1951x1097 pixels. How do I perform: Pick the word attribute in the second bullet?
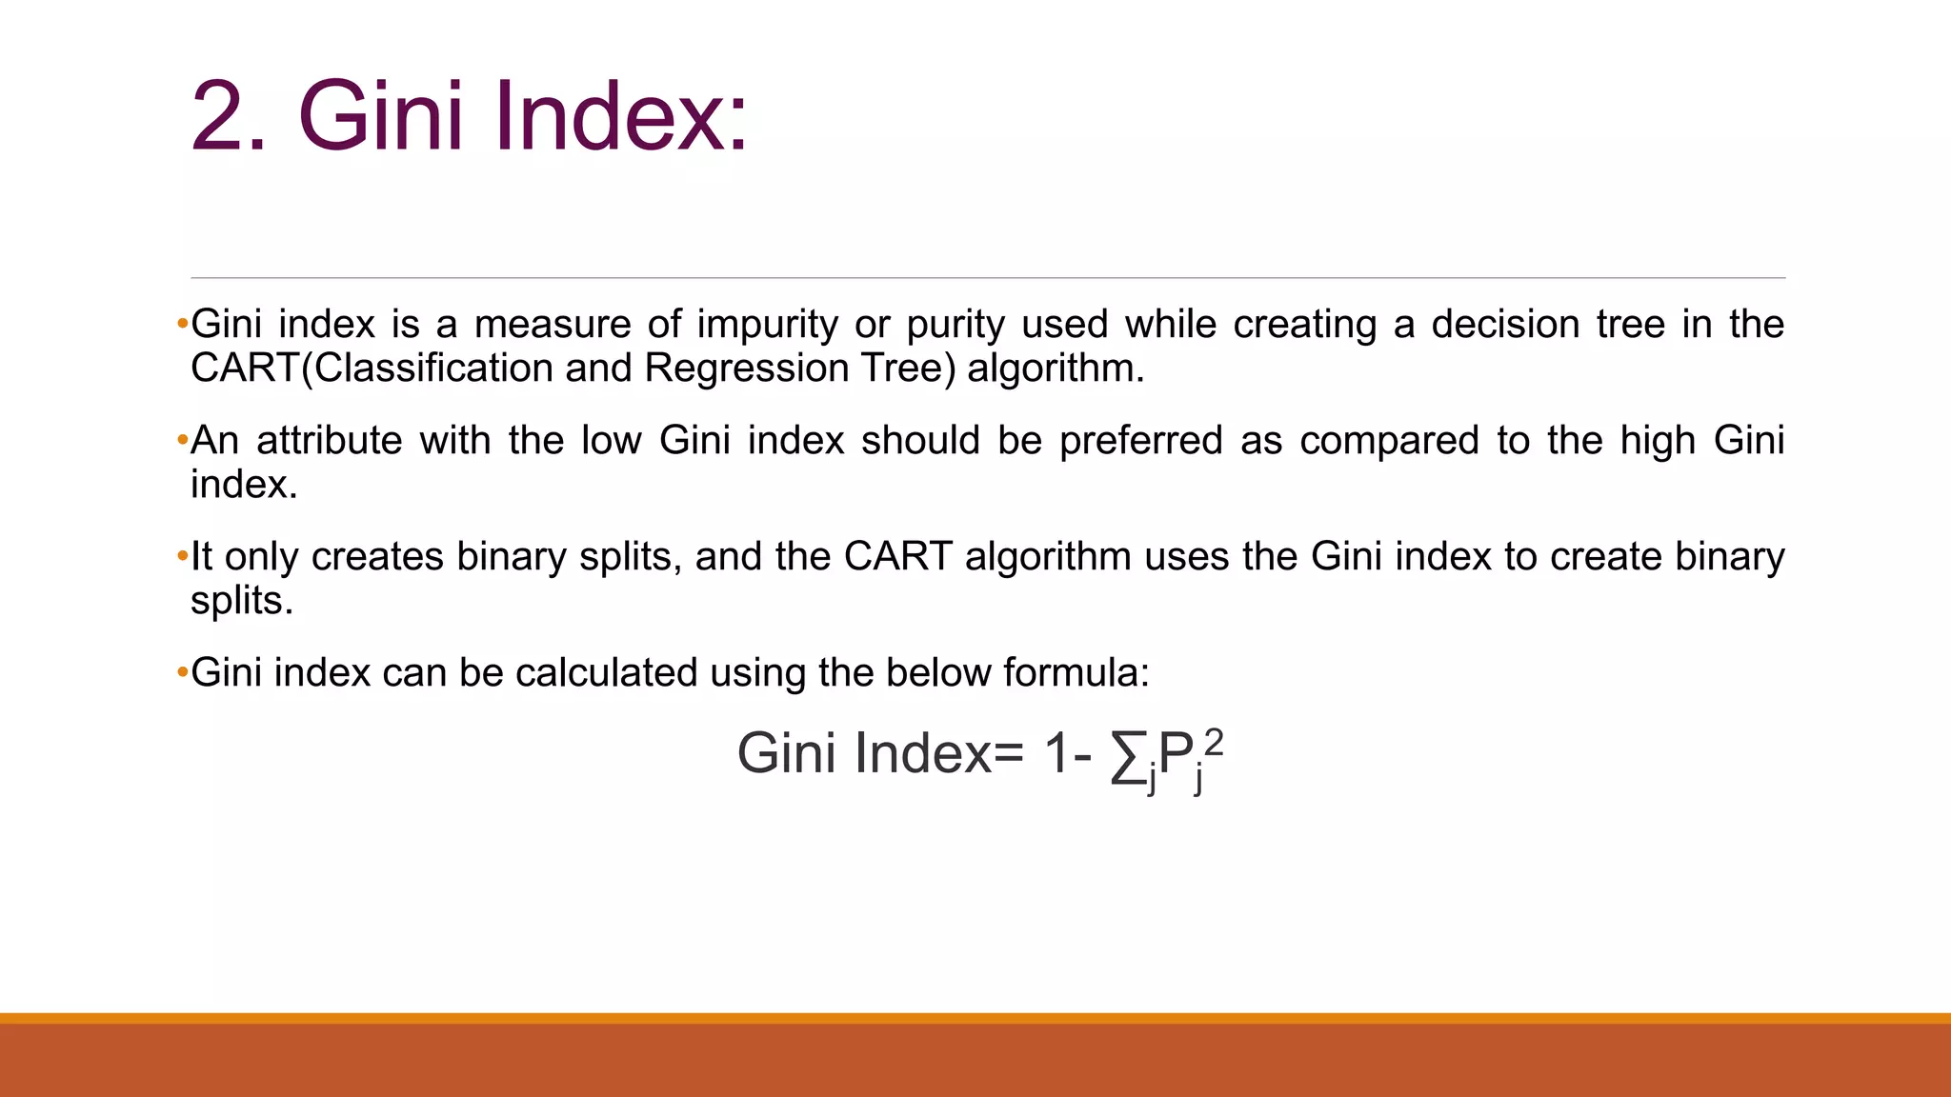330,441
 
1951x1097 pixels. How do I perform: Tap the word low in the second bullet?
612,441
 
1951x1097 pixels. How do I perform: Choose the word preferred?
1140,442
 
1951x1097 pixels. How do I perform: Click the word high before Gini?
1659,442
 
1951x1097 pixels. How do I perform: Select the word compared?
1389,442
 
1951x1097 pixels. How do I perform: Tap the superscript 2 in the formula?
1213,741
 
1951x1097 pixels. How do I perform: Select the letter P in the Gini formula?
1176,754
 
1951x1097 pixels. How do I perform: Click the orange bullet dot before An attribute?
182,441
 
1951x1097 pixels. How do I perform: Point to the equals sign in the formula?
1009,755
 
